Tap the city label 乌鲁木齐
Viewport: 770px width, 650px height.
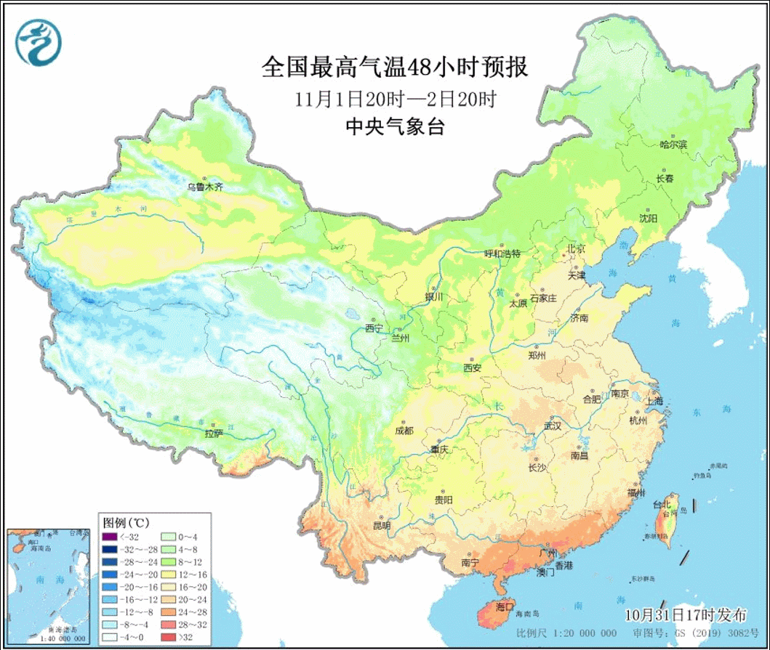coord(205,187)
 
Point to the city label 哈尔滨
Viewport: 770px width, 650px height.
coord(673,145)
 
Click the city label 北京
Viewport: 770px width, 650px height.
coord(576,249)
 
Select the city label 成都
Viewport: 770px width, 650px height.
coord(404,431)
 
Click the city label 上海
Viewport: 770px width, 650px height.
coord(654,400)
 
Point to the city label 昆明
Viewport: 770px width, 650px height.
coord(382,525)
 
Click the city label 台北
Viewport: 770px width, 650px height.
coord(662,504)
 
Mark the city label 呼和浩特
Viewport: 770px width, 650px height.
coord(502,253)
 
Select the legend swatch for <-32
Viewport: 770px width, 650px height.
coord(109,537)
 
